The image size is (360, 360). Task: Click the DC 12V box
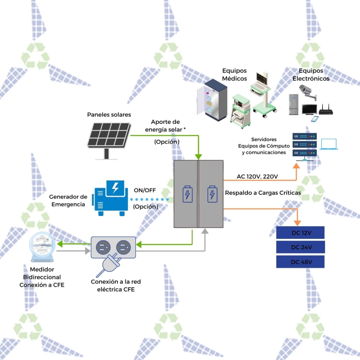pyautogui.click(x=301, y=233)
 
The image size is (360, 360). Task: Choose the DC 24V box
pyautogui.click(x=301, y=247)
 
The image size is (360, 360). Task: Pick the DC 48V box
pyautogui.click(x=301, y=262)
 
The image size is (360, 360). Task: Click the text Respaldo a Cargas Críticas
pyautogui.click(x=263, y=193)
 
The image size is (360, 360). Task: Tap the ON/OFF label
pyautogui.click(x=145, y=190)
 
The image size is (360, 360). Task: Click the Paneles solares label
pyautogui.click(x=109, y=115)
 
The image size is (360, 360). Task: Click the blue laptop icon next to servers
pyautogui.click(x=329, y=144)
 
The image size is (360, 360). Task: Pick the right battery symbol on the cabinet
pyautogui.click(x=211, y=194)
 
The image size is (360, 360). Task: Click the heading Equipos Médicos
pyautogui.click(x=234, y=74)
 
